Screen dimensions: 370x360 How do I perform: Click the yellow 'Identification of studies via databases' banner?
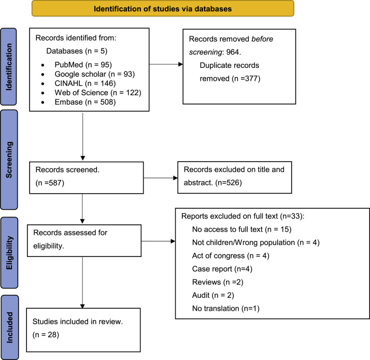pyautogui.click(x=163, y=8)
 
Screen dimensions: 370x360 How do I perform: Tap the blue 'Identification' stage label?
pyautogui.click(x=8, y=66)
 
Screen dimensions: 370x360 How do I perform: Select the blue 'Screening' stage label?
pyautogui.click(x=9, y=160)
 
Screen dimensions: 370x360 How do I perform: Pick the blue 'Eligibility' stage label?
pyautogui.click(x=9, y=253)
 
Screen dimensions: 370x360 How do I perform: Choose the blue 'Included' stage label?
pyautogui.click(x=10, y=327)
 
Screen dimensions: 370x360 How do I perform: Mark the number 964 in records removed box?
pyautogui.click(x=233, y=52)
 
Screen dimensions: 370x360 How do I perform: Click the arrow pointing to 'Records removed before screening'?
pyautogui.click(x=166, y=64)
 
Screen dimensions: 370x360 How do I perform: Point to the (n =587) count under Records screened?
pyautogui.click(x=50, y=183)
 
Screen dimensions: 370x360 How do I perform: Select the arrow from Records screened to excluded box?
pyautogui.click(x=161, y=178)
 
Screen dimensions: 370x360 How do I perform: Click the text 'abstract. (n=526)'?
pyautogui.click(x=213, y=183)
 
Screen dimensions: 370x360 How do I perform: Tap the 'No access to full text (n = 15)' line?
pyautogui.click(x=242, y=229)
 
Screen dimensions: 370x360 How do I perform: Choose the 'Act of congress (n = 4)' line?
pyautogui.click(x=231, y=256)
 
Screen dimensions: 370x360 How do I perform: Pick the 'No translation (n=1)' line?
pyautogui.click(x=226, y=308)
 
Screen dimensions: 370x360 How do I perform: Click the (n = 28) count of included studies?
pyautogui.click(x=46, y=335)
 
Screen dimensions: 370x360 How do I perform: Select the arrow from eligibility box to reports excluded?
pyautogui.click(x=159, y=241)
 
